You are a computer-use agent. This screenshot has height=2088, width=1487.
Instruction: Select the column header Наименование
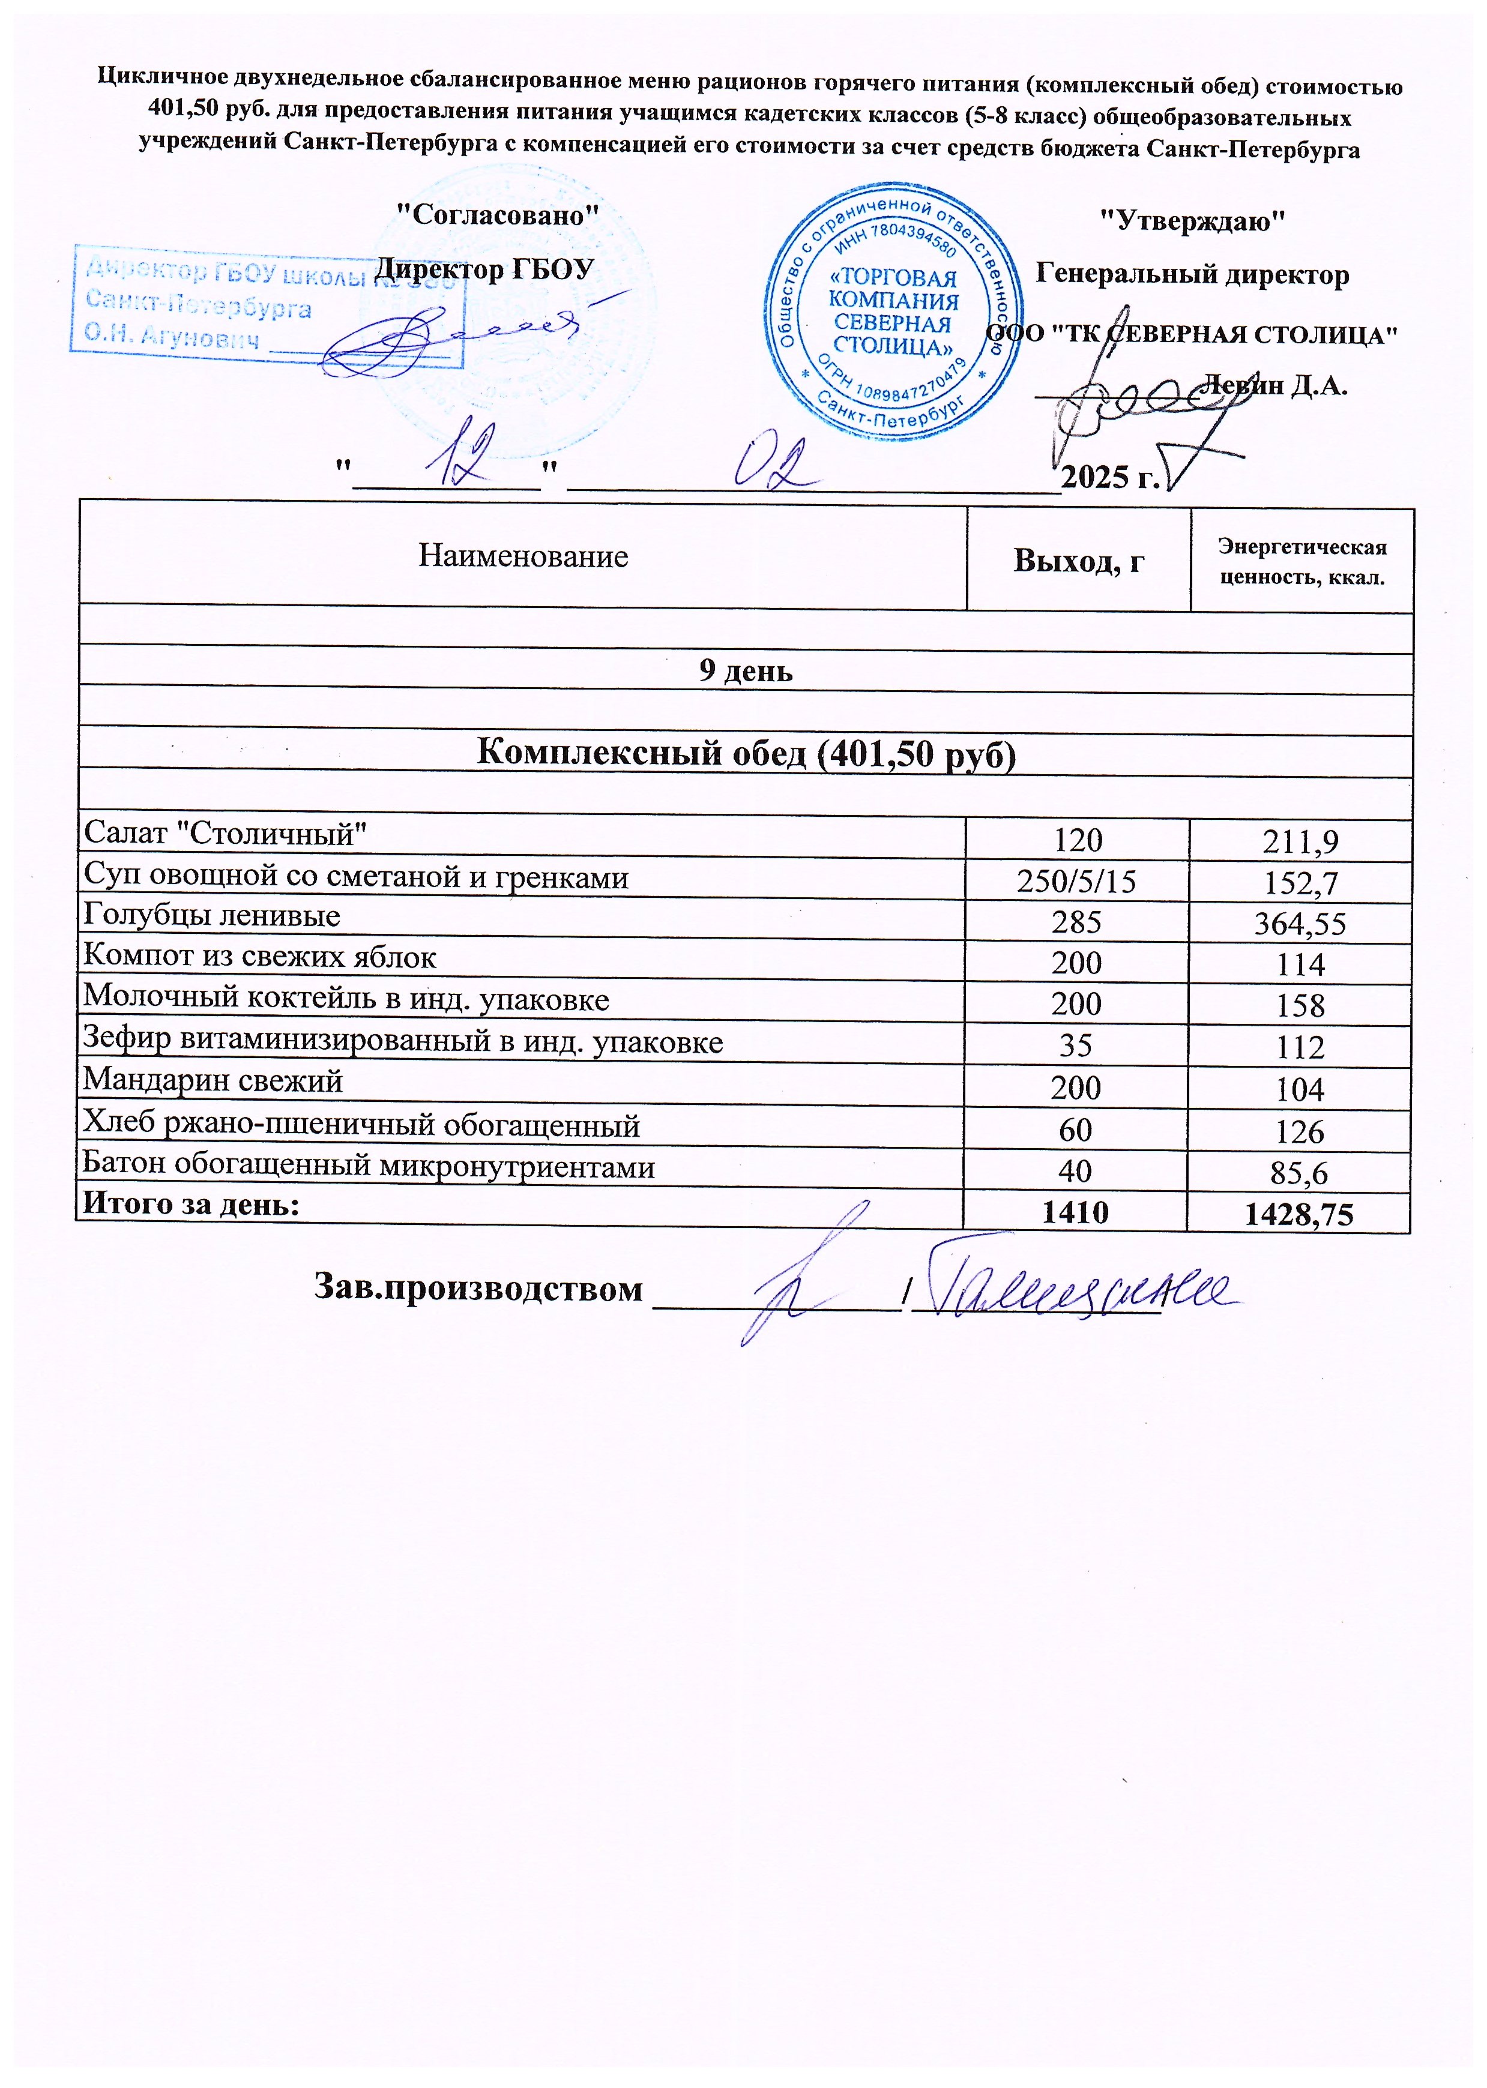523,556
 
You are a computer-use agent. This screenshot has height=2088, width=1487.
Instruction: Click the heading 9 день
746,671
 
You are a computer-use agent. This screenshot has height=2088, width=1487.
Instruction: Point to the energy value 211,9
1300,840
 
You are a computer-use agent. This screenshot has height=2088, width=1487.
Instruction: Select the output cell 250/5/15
1077,882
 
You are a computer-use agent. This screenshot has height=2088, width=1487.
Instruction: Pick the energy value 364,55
1300,924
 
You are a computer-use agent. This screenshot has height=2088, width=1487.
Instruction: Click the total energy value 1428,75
1298,1214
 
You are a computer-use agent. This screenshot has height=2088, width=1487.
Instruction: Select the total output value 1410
1075,1212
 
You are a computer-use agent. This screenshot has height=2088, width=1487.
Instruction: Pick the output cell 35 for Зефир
1076,1046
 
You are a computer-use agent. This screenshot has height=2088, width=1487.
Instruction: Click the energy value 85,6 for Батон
1299,1173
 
